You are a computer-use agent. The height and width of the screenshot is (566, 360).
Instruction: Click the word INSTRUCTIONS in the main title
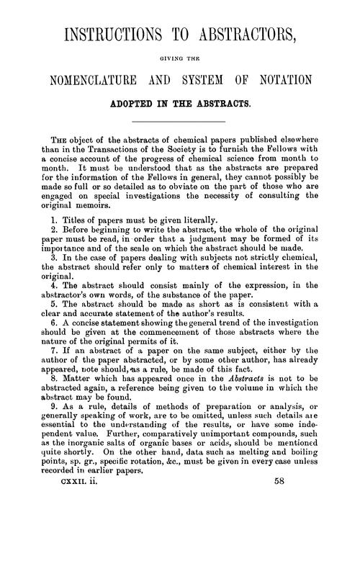[112, 35]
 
